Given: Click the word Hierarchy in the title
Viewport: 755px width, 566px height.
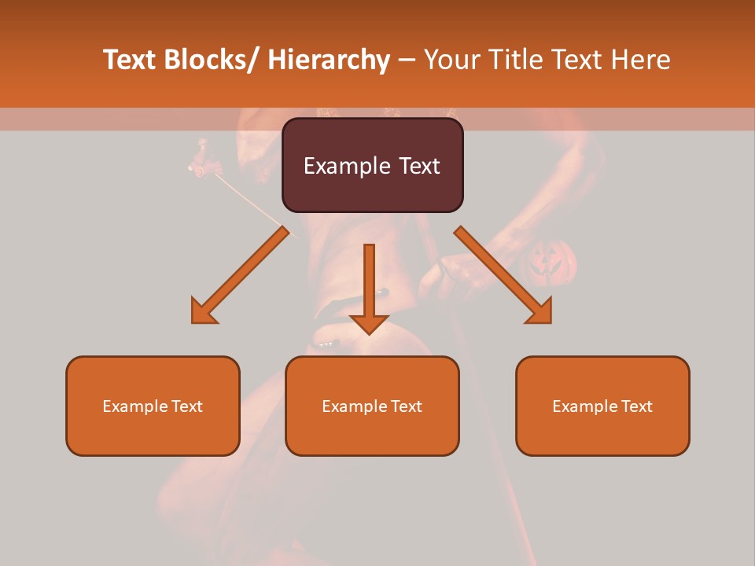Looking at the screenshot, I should [x=328, y=60].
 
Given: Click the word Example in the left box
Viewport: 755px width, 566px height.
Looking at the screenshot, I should [x=134, y=406].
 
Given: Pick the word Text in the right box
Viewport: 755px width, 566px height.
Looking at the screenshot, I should [x=635, y=406].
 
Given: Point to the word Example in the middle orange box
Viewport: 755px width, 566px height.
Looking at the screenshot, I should [x=354, y=406].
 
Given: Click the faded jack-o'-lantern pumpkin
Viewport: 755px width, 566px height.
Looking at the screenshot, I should [x=551, y=263].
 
